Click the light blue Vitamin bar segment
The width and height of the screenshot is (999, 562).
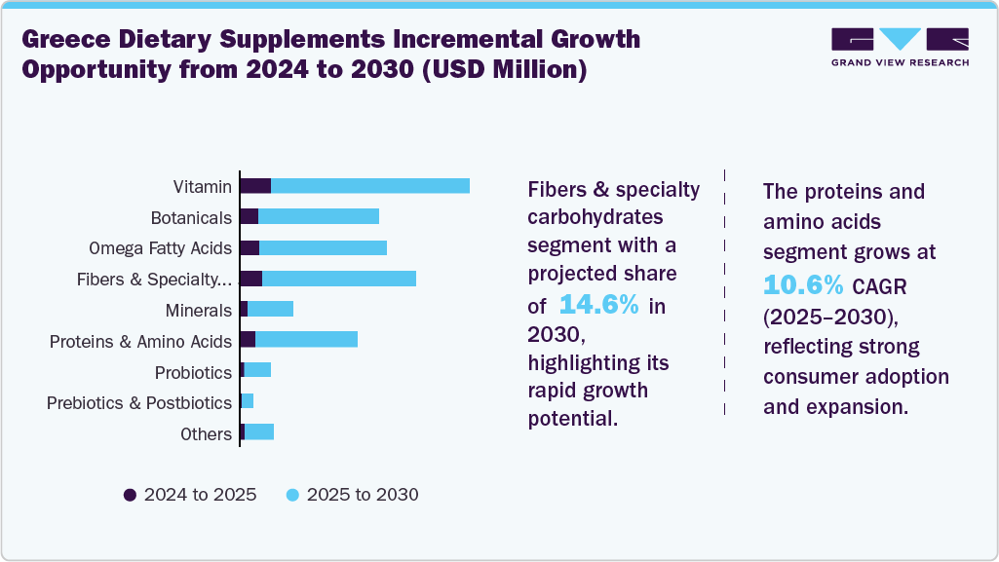[x=370, y=186]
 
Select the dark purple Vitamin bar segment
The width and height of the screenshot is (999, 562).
[x=255, y=186]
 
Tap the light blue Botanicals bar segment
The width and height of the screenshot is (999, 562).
[x=319, y=216]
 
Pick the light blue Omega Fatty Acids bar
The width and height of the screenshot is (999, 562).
[x=323, y=247]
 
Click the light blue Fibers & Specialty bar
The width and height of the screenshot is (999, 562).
[x=339, y=279]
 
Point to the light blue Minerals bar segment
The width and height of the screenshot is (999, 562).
[x=270, y=309]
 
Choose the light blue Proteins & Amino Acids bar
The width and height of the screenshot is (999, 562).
[x=306, y=339]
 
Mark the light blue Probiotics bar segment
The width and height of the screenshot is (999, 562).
[x=257, y=370]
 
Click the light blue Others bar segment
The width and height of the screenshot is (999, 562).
[x=259, y=431]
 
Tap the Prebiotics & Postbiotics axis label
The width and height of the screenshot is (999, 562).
[x=139, y=402]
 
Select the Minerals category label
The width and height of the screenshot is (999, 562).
[x=199, y=311]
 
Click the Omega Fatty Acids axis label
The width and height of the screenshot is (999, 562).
[x=160, y=248]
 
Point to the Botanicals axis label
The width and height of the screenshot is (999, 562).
[x=191, y=218]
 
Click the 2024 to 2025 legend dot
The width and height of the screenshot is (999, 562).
[x=130, y=495]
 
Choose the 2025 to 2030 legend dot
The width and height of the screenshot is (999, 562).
[x=292, y=495]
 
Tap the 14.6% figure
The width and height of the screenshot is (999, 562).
[x=598, y=305]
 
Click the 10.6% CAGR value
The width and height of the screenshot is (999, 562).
[x=803, y=284]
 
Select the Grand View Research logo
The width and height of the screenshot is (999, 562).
[x=900, y=47]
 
